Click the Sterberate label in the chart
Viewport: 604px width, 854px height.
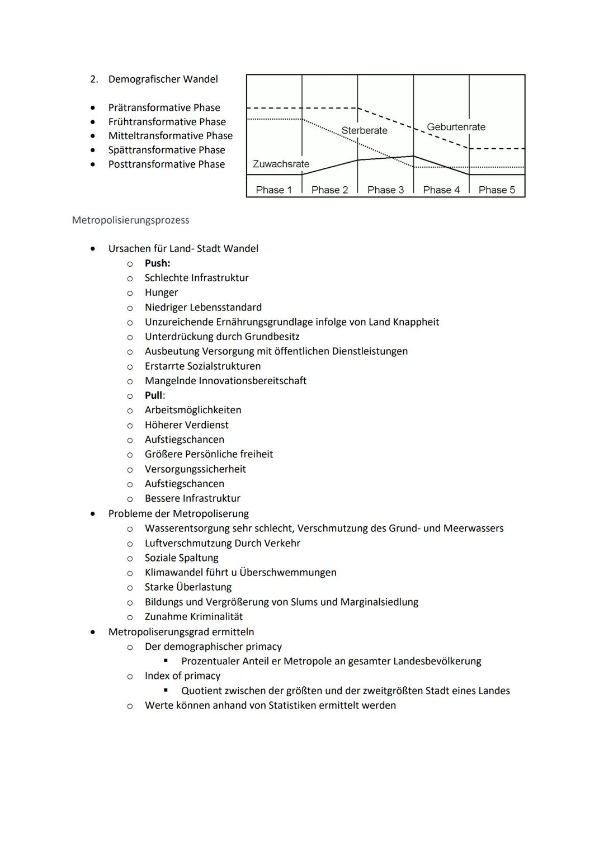[x=364, y=130]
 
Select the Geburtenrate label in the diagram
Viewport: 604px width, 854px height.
[x=456, y=127]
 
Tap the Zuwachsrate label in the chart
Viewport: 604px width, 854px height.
[x=281, y=164]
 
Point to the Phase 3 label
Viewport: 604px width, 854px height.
[x=385, y=190]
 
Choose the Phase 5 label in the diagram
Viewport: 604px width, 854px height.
[x=497, y=190]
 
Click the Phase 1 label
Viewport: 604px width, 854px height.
[x=273, y=190]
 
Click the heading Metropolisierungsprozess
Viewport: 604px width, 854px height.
[x=130, y=220]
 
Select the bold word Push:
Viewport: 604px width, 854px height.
[x=157, y=263]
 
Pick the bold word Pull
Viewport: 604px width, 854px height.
[x=153, y=395]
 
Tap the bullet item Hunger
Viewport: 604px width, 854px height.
[x=161, y=292]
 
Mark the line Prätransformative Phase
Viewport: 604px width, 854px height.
[x=164, y=107]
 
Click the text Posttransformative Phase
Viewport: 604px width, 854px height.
[x=166, y=164]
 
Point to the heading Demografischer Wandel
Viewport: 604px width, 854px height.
[x=163, y=79]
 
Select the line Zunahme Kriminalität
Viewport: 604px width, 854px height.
[x=194, y=616]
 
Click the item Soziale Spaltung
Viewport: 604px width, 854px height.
[x=181, y=558]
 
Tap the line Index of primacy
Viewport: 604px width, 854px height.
[x=182, y=676]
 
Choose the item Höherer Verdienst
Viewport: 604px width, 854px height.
[x=186, y=425]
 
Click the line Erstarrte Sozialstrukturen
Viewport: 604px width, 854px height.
[x=202, y=366]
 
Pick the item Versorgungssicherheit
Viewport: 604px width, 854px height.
[x=195, y=469]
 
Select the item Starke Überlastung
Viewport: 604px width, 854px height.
[x=188, y=587]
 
